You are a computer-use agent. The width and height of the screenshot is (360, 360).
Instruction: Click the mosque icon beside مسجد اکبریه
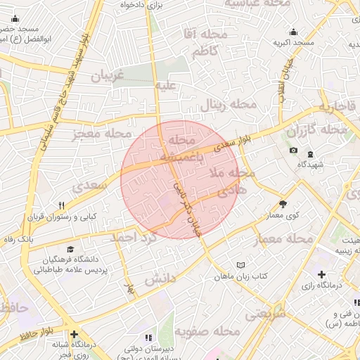pyautogui.click(x=293, y=32)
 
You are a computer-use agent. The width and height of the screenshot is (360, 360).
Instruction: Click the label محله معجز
pyautogui.click(x=103, y=132)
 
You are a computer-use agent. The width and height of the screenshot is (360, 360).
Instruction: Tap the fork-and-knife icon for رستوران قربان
pyautogui.click(x=62, y=205)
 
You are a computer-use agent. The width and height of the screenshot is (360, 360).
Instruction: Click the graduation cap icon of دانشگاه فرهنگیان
pyautogui.click(x=70, y=249)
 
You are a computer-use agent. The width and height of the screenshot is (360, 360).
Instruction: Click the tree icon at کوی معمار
pyautogui.click(x=283, y=205)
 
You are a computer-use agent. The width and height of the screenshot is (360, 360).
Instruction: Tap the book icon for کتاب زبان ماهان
pyautogui.click(x=242, y=265)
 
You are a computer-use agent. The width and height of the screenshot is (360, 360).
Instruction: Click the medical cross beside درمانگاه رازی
pyautogui.click(x=321, y=274)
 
